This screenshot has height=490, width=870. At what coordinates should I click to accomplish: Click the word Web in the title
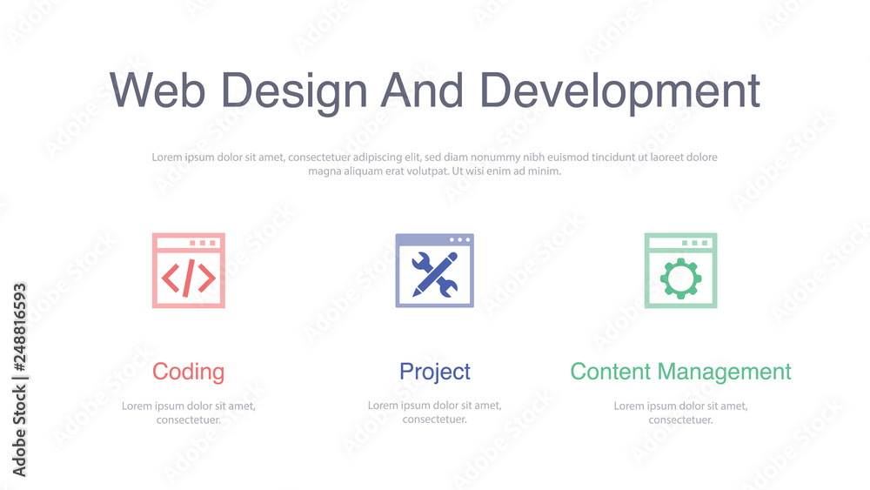[157, 90]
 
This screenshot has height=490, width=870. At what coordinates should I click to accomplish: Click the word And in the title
[422, 90]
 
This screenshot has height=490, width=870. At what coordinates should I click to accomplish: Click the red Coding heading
[189, 373]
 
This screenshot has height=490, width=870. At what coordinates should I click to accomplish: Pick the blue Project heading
[435, 373]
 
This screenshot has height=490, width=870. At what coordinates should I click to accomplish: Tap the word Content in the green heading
[611, 372]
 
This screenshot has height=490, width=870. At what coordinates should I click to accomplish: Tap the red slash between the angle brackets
[189, 278]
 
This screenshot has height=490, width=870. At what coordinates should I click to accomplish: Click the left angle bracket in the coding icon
[171, 278]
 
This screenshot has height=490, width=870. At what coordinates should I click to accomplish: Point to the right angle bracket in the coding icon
[207, 278]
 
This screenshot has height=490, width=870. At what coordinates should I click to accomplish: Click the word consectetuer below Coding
[189, 420]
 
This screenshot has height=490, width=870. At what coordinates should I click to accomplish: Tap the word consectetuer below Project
[435, 419]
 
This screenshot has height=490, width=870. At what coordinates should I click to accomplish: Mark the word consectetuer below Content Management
[681, 420]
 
